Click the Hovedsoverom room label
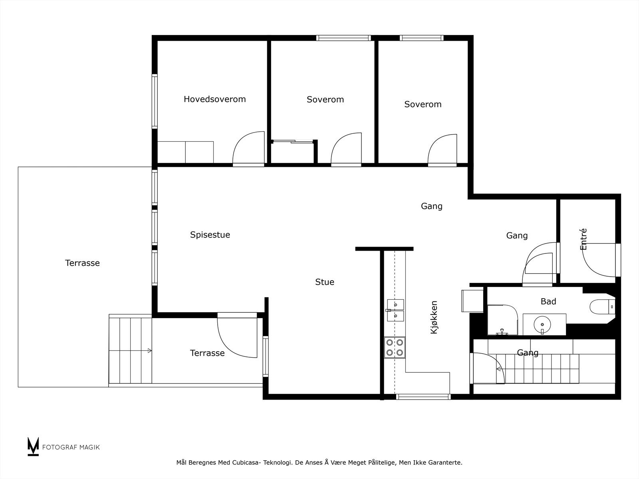[214, 99]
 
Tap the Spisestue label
[210, 235]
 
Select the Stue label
[324, 282]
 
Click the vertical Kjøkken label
[434, 317]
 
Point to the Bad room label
[548, 301]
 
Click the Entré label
[583, 239]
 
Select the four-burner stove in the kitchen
[395, 347]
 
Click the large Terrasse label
[82, 263]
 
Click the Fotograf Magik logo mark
[33, 446]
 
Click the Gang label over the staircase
[528, 353]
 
